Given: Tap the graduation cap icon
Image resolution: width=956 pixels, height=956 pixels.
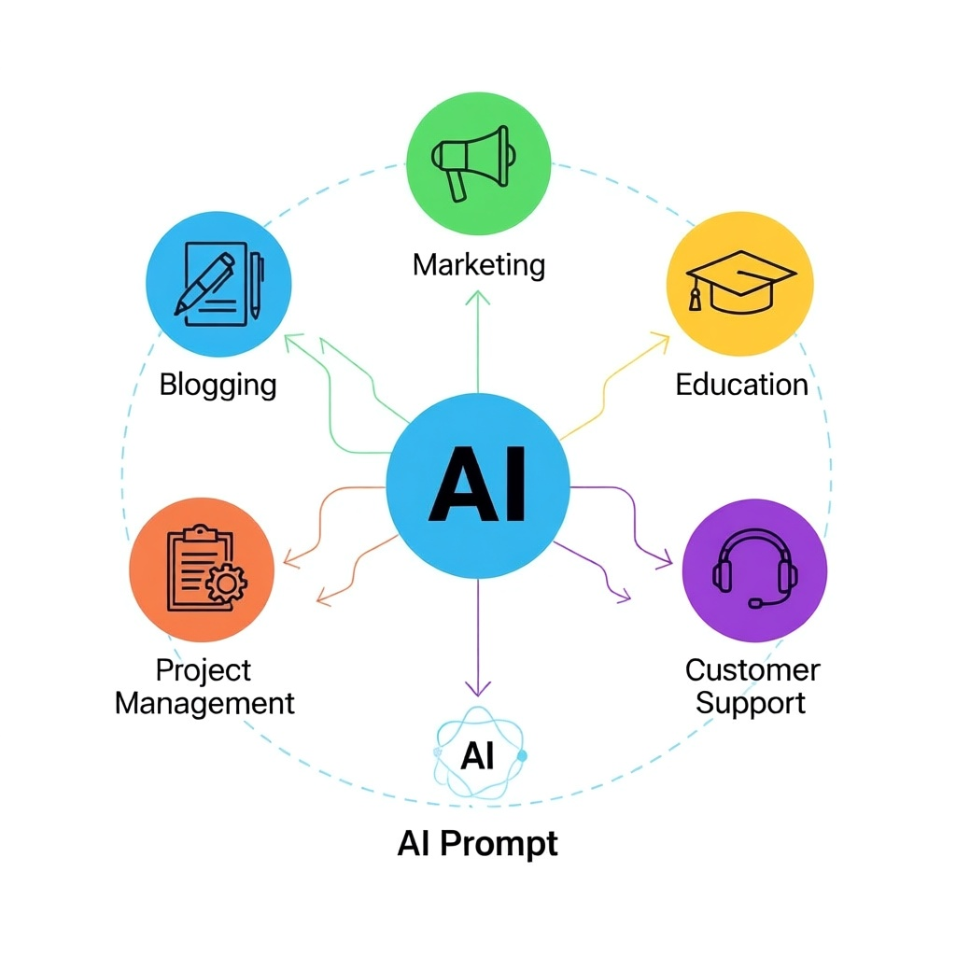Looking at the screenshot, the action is tap(740, 282).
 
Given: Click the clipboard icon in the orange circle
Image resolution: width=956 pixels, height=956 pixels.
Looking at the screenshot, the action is tap(206, 568).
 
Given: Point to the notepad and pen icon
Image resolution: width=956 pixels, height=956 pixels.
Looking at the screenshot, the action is tap(219, 284).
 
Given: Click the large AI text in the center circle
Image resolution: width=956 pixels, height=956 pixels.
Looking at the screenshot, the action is tap(477, 485).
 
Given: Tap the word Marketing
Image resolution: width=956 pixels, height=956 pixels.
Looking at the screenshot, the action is tap(479, 265).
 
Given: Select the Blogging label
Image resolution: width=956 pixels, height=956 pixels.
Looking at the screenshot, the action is tap(218, 386).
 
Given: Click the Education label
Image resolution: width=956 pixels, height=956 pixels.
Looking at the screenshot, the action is tap(742, 385).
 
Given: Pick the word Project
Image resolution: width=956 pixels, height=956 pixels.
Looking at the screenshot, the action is tap(203, 671).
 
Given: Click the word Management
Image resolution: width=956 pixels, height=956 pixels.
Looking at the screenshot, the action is tap(204, 704).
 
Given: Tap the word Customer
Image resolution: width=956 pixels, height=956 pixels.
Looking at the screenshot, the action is tap(752, 670).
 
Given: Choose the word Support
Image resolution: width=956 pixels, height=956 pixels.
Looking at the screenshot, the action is tap(751, 704).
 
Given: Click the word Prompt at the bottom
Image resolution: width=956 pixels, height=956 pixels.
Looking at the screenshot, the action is tap(499, 844).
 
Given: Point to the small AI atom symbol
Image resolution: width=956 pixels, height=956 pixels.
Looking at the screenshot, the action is tap(479, 753).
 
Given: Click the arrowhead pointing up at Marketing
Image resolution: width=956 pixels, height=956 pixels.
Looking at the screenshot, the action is tap(478, 298).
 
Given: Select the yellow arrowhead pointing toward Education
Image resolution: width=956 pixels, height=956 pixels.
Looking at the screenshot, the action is tap(661, 340).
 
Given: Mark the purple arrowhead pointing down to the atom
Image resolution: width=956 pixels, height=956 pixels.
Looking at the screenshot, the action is tap(478, 688).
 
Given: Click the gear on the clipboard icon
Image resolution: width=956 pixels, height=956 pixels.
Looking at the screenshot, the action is tap(227, 583).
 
